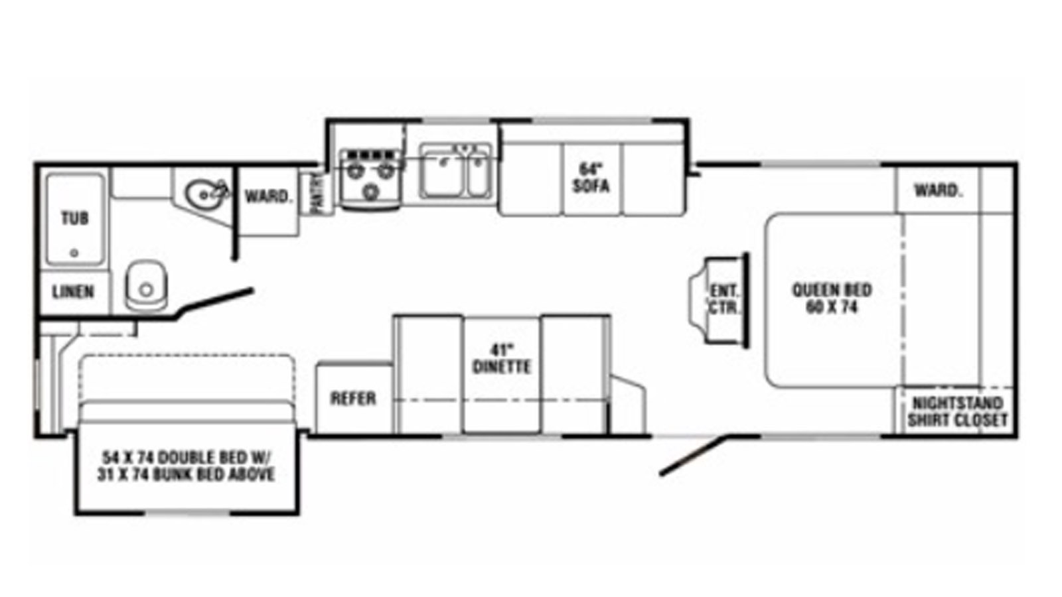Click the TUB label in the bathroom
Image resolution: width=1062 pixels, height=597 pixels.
click(x=75, y=218)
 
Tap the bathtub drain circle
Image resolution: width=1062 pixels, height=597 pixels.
click(x=74, y=253)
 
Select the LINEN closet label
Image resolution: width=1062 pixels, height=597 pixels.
click(x=73, y=292)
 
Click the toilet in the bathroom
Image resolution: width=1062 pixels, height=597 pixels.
click(x=147, y=286)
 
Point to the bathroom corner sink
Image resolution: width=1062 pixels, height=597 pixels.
click(x=204, y=194)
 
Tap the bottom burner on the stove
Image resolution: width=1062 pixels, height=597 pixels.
click(x=370, y=192)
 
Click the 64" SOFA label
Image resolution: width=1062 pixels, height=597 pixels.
click(x=591, y=178)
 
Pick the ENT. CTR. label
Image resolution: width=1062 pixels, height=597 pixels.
click(x=724, y=299)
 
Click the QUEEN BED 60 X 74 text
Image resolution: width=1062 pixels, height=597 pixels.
click(x=832, y=298)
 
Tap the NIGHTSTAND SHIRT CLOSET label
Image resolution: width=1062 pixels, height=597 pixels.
click(x=958, y=412)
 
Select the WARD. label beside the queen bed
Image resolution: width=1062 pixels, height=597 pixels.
click(x=939, y=190)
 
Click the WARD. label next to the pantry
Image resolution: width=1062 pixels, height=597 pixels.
click(x=267, y=196)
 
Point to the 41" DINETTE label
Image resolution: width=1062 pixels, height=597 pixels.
click(x=502, y=359)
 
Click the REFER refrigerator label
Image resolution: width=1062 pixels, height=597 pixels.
click(x=353, y=399)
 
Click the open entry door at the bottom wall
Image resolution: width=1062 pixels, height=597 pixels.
click(x=692, y=455)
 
